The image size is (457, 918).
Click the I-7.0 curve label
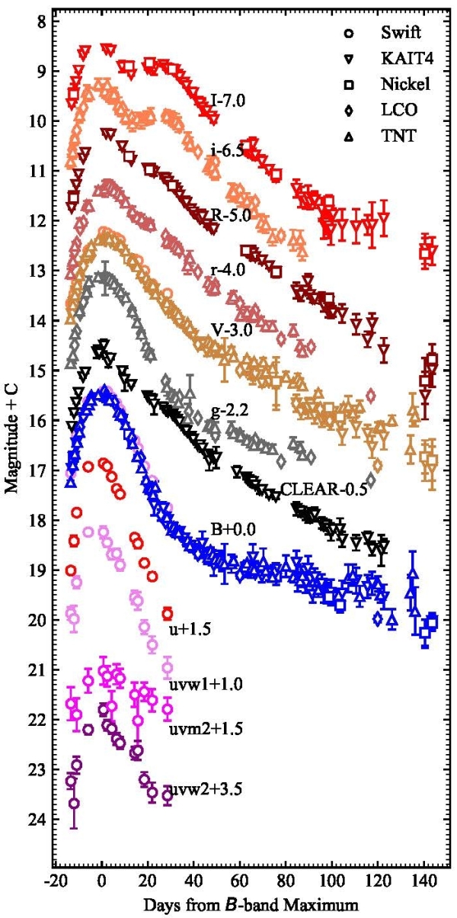[228, 100]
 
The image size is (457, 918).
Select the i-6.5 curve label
[227, 151]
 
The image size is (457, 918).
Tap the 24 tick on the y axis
[34, 820]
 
